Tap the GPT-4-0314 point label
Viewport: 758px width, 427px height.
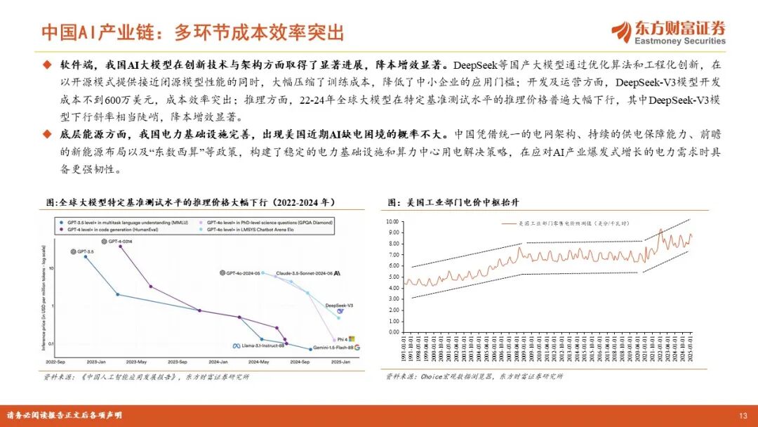[x=120, y=241]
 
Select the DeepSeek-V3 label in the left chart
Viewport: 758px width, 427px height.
[x=340, y=306]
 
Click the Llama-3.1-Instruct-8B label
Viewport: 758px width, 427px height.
[x=260, y=346]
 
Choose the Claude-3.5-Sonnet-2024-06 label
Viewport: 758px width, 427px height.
[x=304, y=272]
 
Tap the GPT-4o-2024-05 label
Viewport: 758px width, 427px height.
[x=243, y=272]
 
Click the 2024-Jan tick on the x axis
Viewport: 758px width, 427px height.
[x=218, y=361]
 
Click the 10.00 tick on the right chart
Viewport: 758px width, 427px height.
[x=392, y=221]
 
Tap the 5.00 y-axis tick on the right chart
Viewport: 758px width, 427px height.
[x=393, y=277]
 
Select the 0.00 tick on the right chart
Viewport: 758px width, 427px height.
[x=393, y=331]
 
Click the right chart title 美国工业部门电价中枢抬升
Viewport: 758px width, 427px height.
[x=463, y=202]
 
